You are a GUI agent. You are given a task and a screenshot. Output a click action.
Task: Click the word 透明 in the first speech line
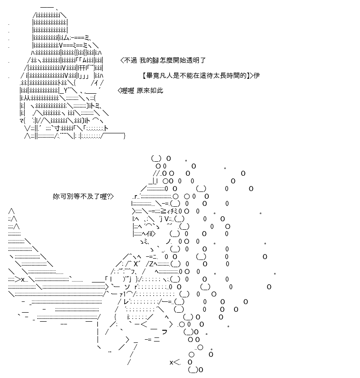(x=190, y=60)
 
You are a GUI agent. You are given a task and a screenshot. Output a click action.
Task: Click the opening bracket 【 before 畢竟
(x=144, y=76)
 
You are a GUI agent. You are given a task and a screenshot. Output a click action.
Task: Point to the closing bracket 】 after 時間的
(x=248, y=76)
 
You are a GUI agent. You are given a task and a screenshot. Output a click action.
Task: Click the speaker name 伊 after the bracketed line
(x=256, y=76)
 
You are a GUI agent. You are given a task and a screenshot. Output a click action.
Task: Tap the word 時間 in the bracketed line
(x=234, y=76)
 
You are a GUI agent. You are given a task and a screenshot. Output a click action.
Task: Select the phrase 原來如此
(x=150, y=91)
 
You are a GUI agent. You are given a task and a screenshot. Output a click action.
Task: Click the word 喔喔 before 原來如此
(x=127, y=91)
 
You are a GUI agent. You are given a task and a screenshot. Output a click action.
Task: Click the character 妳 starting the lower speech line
(x=56, y=196)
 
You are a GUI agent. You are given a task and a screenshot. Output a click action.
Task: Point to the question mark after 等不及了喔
(x=108, y=197)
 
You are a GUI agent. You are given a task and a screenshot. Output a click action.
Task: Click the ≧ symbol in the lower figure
(x=163, y=211)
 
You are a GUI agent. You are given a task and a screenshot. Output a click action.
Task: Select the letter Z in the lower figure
(x=151, y=264)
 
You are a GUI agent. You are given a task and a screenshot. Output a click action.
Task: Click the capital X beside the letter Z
(x=135, y=264)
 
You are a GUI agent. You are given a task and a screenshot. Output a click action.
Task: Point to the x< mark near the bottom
(x=175, y=362)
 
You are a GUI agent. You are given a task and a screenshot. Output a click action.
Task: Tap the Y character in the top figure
(x=66, y=91)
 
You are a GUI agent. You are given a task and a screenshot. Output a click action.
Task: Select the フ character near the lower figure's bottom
(x=164, y=332)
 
